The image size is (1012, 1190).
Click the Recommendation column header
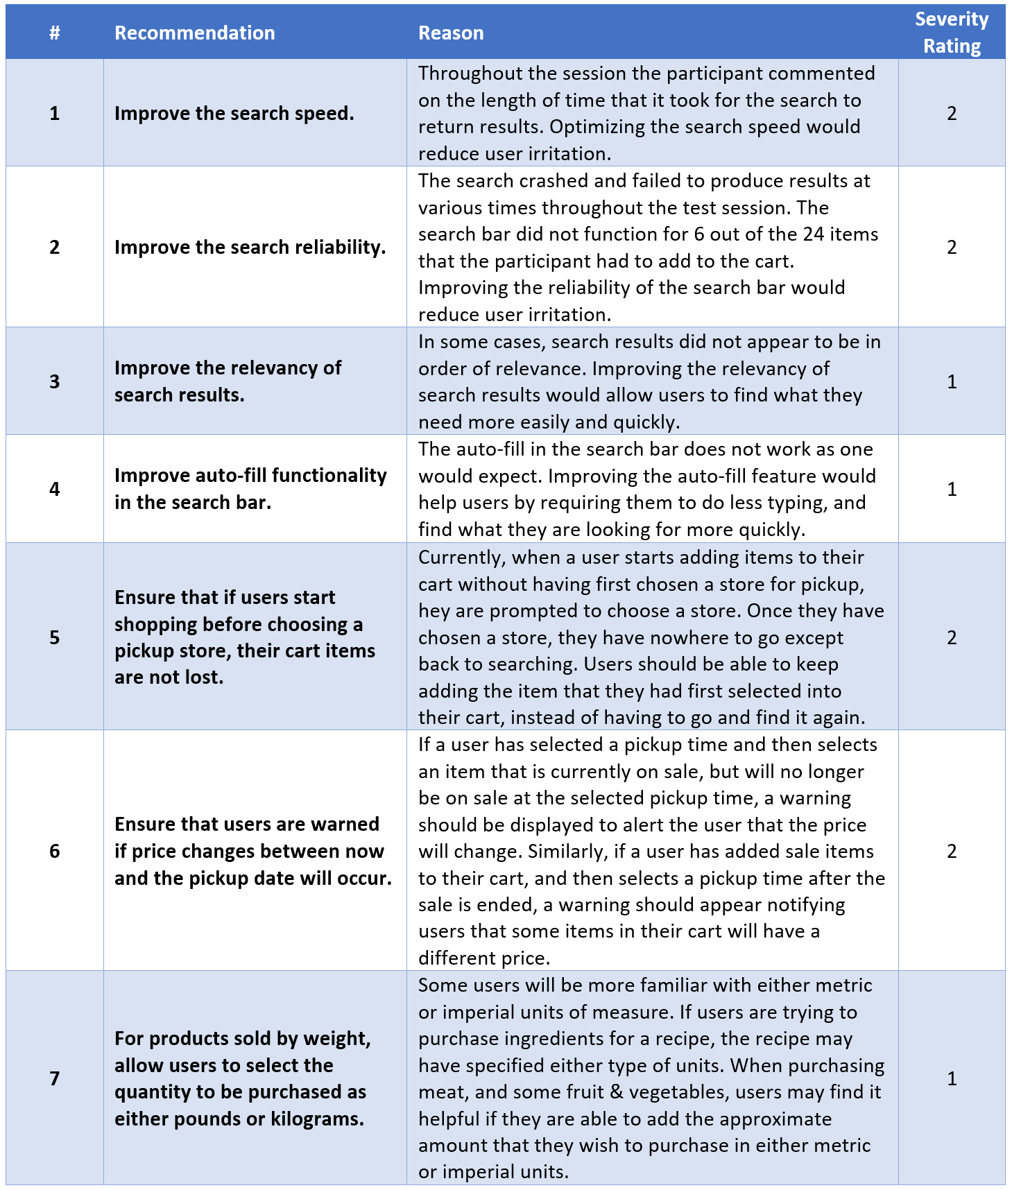194,33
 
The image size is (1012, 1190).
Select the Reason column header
451,33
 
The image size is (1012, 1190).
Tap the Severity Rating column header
951,33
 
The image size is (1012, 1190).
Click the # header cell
55,33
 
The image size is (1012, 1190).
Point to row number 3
55,381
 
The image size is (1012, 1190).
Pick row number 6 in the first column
55,851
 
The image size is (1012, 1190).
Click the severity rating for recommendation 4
952,489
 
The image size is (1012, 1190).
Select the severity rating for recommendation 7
952,1078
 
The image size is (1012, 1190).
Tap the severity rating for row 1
952,113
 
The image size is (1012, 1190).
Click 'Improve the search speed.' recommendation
234,113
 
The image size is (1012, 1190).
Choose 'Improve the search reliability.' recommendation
250,247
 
